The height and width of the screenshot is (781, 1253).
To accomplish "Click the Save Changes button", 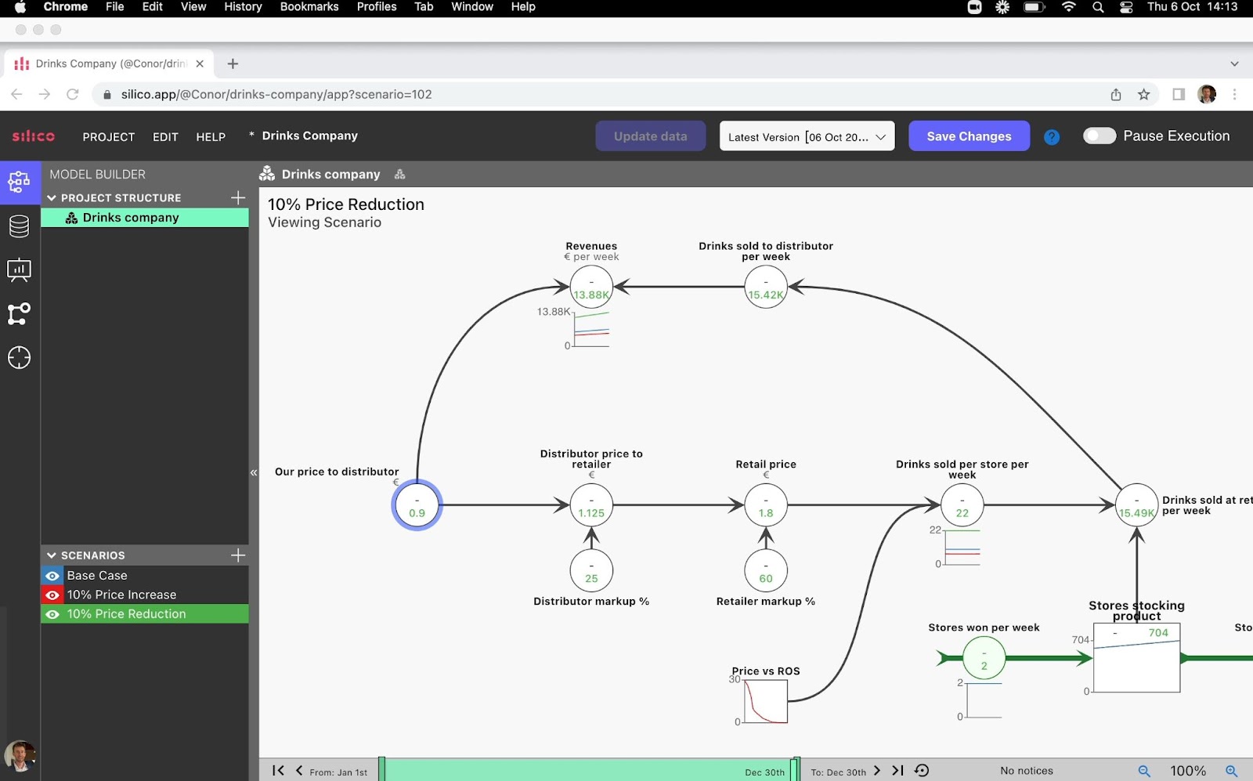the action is click(969, 136).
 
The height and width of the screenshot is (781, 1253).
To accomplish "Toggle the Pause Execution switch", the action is click(1100, 136).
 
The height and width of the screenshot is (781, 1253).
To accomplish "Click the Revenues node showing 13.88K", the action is click(591, 287).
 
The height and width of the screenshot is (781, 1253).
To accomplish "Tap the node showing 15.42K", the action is click(766, 287).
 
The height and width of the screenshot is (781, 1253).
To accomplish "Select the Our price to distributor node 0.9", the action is click(417, 505).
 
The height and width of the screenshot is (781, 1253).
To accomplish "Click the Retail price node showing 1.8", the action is click(766, 505).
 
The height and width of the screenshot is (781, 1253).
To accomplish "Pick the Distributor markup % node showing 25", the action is click(591, 570).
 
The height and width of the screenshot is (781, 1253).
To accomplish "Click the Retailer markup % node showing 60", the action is click(766, 570).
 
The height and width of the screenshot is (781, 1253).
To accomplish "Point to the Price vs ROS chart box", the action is click(766, 701).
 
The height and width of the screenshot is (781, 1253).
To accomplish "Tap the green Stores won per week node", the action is click(984, 658).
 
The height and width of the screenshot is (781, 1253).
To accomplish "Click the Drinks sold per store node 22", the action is click(962, 505).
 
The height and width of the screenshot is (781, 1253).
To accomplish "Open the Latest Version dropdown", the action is click(807, 136).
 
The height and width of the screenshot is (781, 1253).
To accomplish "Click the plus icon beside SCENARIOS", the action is click(238, 555).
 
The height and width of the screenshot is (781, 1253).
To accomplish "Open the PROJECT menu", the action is click(109, 136).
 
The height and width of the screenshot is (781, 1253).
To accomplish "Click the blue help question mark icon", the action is click(1052, 136).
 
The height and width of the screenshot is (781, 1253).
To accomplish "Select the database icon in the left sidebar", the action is click(19, 226).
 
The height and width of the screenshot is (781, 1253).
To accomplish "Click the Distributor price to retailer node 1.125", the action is click(591, 505).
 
